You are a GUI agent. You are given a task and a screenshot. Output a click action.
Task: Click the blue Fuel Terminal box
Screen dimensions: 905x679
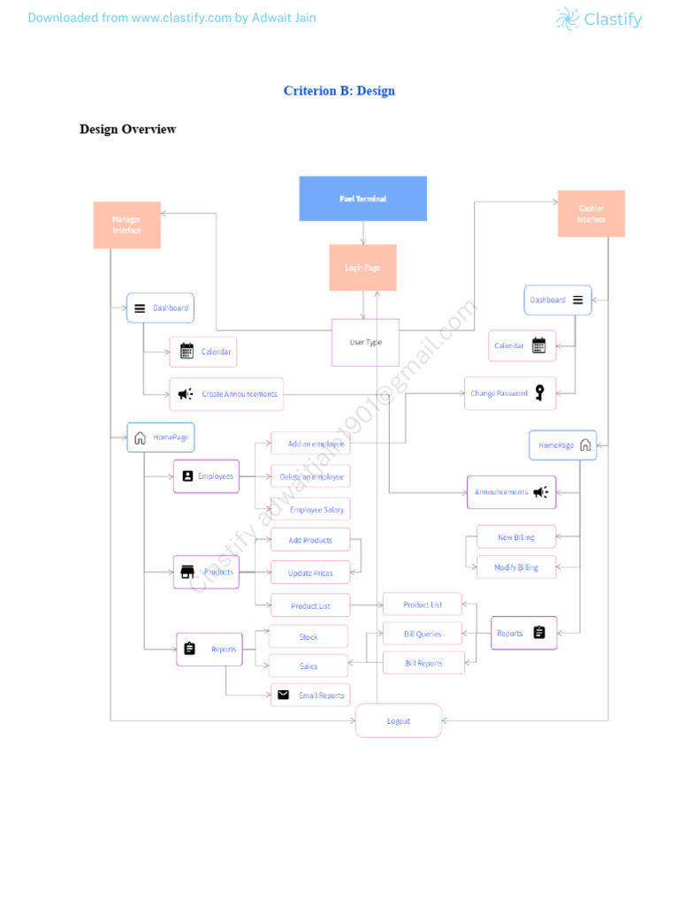tap(362, 199)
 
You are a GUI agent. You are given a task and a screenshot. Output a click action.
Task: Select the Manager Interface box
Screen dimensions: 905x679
tap(126, 224)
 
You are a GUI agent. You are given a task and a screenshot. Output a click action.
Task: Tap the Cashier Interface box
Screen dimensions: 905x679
tap(591, 214)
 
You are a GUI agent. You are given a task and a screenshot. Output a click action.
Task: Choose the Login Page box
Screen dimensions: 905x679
tap(362, 268)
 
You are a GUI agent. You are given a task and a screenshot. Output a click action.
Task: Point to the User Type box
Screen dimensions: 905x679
tap(365, 342)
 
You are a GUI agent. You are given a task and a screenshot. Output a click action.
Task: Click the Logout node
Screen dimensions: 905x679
tap(398, 721)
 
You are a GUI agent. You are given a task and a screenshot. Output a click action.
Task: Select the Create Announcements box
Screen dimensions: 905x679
tap(227, 394)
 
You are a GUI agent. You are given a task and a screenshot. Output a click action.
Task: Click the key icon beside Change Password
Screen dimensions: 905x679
tap(539, 393)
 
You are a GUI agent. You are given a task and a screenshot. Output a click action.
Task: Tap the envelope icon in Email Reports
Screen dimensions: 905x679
tap(283, 696)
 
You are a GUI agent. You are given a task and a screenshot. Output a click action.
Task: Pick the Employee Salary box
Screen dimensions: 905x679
tap(310, 509)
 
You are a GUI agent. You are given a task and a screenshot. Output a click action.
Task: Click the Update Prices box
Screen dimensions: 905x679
tap(310, 573)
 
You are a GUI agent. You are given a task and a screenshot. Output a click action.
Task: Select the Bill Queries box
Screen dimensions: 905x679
tap(423, 634)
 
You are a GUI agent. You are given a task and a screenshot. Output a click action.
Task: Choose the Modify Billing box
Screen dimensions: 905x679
tap(515, 567)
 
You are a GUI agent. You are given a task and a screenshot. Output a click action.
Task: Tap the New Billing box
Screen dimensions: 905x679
tap(516, 536)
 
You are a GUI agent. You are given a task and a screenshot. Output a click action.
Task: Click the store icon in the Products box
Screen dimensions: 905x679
tap(187, 572)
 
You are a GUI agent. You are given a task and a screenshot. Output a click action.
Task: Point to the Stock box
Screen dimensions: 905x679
tap(309, 636)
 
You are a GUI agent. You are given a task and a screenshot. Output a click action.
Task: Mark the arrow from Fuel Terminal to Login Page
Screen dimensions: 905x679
tap(362, 232)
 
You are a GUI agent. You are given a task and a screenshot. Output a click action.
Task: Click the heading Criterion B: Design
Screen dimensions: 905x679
tap(339, 91)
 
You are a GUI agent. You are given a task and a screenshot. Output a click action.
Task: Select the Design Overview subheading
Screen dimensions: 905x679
tap(127, 129)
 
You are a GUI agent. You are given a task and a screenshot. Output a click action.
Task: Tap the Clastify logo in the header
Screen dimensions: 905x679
tap(599, 19)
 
